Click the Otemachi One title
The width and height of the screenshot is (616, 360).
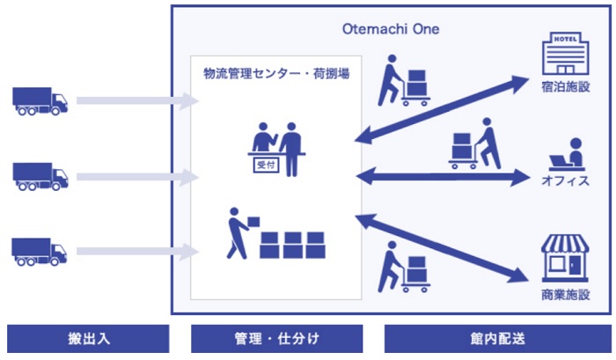(391, 29)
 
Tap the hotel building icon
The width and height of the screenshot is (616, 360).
(565, 54)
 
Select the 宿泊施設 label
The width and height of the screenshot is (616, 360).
(566, 87)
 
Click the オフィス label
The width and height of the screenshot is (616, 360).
(566, 180)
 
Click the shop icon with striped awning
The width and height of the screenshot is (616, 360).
(565, 258)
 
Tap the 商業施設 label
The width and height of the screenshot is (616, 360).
(566, 295)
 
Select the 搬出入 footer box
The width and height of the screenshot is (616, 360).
(88, 339)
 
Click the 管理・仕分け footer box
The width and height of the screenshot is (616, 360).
(277, 339)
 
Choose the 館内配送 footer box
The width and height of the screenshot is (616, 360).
(498, 339)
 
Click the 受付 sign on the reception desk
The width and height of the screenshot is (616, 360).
(266, 165)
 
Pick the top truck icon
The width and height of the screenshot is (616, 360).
(40, 101)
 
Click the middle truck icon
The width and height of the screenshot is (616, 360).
(40, 176)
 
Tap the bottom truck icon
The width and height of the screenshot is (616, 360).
(40, 252)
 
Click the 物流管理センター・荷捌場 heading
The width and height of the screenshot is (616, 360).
(276, 73)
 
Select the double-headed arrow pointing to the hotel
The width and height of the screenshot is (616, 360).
(442, 109)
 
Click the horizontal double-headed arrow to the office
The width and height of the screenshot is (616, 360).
(443, 177)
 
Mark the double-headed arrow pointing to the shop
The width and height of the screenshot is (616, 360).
(442, 248)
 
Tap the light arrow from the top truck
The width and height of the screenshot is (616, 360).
(137, 101)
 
